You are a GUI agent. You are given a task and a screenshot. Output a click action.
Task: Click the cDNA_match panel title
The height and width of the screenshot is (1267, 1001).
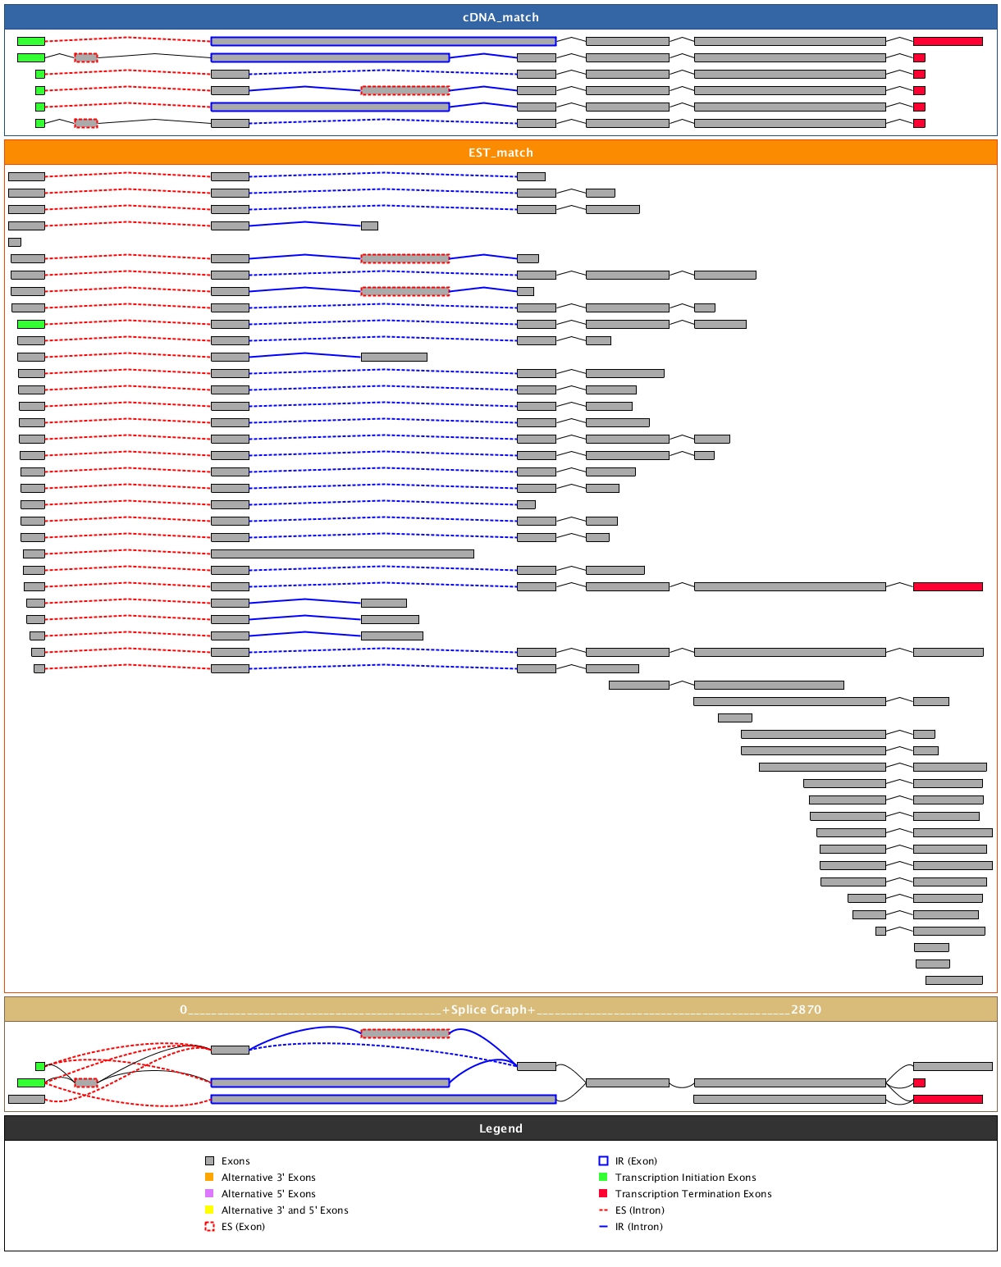pos(500,17)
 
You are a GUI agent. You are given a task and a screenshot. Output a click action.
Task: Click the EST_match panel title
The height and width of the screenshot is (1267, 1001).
pos(500,153)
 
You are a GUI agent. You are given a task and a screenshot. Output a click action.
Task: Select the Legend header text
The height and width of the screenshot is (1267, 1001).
pos(500,1128)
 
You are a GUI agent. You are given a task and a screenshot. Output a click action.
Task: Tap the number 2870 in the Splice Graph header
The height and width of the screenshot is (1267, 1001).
pos(806,1009)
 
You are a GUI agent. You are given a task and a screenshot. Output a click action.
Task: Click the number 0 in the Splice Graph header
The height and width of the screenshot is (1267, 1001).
pos(184,1009)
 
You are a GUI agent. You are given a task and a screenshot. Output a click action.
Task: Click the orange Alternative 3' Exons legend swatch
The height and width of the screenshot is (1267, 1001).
pos(209,1178)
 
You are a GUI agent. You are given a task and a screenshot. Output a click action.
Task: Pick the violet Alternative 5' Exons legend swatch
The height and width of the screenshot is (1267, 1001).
pos(209,1194)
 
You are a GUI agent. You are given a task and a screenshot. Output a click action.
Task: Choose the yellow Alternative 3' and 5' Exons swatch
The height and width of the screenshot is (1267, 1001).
pos(209,1210)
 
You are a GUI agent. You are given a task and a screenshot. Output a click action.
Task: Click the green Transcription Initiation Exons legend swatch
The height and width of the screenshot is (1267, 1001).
pos(603,1178)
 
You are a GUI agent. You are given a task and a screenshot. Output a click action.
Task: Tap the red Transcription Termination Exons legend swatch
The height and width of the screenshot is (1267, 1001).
pos(603,1194)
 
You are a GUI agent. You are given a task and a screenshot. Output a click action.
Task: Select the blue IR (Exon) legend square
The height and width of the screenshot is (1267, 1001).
pos(603,1161)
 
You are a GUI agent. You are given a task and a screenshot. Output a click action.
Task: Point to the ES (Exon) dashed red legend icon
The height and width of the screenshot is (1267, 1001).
pos(209,1227)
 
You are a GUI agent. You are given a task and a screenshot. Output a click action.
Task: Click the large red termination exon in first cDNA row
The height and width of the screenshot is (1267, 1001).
pos(948,41)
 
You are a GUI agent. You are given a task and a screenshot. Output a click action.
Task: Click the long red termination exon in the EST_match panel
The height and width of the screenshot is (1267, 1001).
pos(948,586)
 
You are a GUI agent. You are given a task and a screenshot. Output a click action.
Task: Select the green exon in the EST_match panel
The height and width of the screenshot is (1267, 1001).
pos(31,324)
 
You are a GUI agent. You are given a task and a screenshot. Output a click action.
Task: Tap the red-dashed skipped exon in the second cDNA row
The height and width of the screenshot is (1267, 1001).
pos(85,57)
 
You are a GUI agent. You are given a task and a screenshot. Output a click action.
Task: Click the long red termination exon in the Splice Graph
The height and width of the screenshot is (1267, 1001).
pos(948,1099)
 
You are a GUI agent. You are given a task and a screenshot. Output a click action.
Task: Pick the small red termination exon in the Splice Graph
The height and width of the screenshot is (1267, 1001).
pos(919,1082)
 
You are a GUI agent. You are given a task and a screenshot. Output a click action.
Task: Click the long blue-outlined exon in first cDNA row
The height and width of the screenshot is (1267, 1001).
pos(383,41)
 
